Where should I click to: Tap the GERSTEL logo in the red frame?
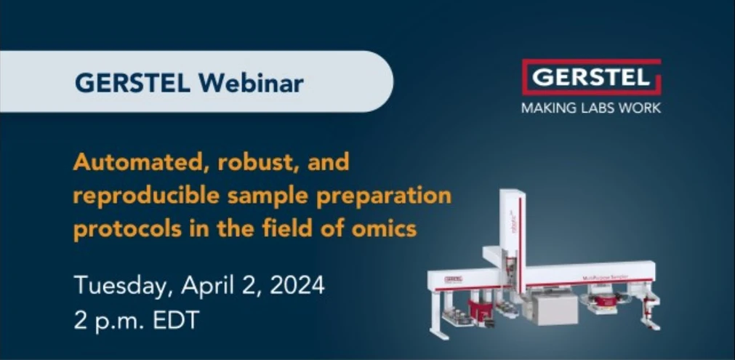[x=590, y=76]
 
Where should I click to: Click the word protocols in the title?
[x=118, y=228]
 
